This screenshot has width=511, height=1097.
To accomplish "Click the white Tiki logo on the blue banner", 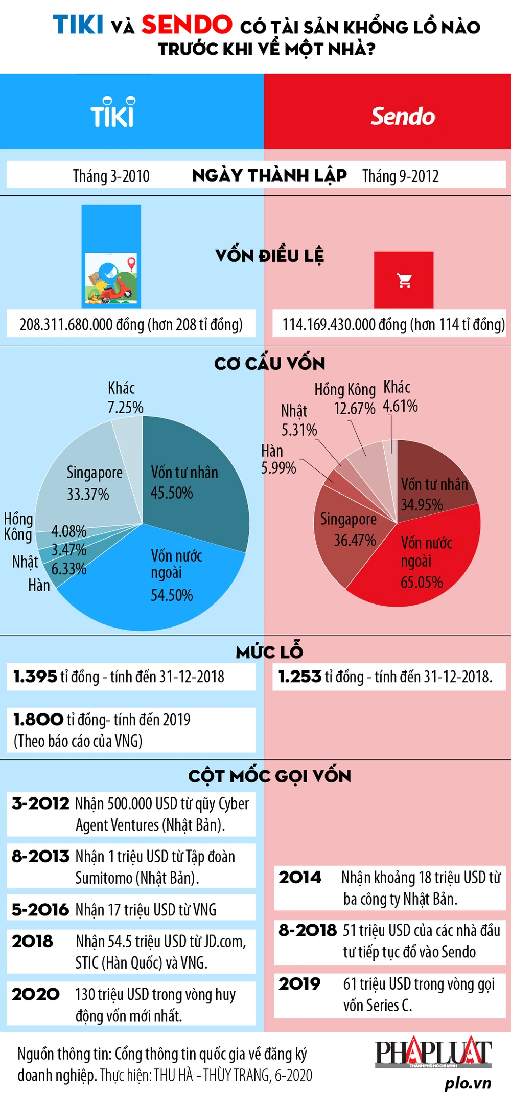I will coord(112,113).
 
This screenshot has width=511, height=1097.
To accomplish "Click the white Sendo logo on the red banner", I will coord(403,116).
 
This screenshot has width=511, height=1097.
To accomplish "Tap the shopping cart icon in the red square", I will coord(404,280).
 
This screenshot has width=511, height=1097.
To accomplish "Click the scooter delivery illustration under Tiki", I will coord(111,279).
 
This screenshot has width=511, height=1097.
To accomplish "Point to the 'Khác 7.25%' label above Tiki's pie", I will coord(125,398).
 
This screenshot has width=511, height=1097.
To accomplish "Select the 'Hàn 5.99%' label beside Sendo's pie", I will coord(278,459).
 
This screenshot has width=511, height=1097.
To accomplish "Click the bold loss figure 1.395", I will coord(35,677).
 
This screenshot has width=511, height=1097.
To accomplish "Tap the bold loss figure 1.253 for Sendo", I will coord(299,677).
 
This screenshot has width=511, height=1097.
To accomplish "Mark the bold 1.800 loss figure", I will coord(38,720).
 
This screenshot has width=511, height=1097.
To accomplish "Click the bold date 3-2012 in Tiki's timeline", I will coord(40,803).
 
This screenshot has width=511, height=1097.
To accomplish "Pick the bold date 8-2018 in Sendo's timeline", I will coord(307,930).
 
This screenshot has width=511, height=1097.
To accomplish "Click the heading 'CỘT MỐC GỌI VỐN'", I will coord(269,776).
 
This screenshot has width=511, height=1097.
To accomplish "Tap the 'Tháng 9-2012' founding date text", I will coord(401,176).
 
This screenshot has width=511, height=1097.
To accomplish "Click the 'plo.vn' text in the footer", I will coord(468,1083).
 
